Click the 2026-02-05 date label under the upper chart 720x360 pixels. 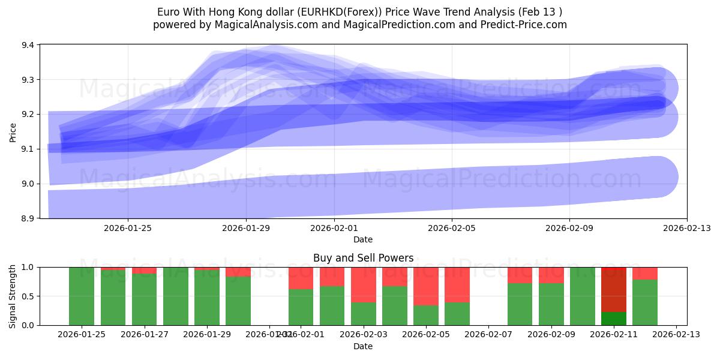(x=451, y=228)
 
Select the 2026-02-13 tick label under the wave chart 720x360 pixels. (x=686, y=228)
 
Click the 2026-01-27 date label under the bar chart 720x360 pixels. (x=145, y=335)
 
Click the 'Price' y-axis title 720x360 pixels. (x=13, y=131)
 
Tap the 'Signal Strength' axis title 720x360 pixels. (x=13, y=296)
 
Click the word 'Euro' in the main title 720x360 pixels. (x=167, y=12)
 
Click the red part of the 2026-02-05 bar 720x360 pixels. (x=426, y=286)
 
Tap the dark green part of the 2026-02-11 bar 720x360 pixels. (x=614, y=319)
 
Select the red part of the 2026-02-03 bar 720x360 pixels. (x=364, y=284)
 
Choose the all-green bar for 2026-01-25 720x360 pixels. (x=82, y=296)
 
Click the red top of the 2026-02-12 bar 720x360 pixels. (x=645, y=273)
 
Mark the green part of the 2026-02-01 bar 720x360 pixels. (x=301, y=307)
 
